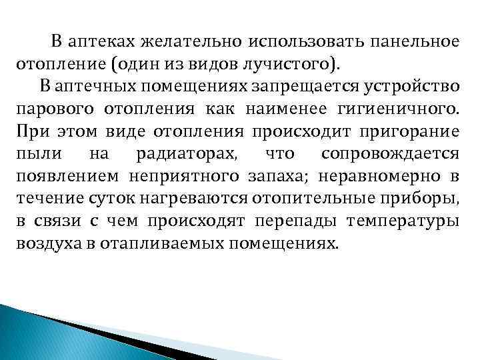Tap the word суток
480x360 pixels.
[x=101, y=198]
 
